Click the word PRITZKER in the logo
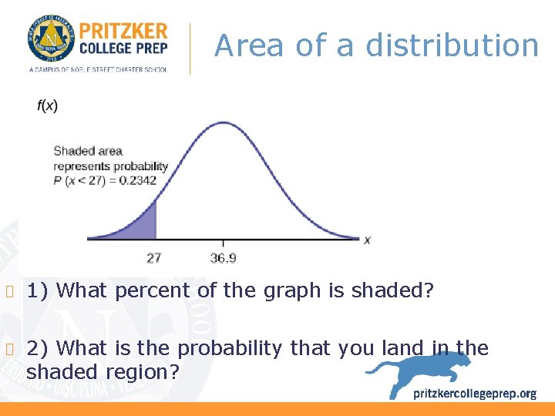pos(123,31)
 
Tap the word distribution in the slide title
pos(452,46)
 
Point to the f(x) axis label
pos(47,106)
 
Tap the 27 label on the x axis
pos(153,258)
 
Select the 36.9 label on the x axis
pos(223,258)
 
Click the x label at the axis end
pos(368,240)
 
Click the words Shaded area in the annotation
pos(88,151)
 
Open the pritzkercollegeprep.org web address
pos(475,394)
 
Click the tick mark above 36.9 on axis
pos(224,242)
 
